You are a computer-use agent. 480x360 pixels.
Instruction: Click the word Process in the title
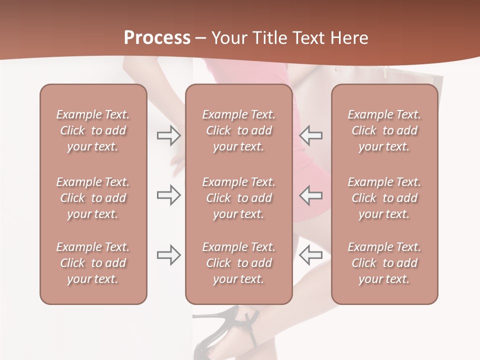click(157, 37)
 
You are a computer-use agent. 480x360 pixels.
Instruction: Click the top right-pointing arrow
click(168, 135)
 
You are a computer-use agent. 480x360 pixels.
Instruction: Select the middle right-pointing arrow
click(168, 195)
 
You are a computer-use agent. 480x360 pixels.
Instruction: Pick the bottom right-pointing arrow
click(168, 255)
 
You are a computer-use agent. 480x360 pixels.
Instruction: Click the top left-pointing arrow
click(310, 135)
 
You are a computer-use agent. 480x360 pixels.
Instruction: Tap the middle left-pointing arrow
click(310, 195)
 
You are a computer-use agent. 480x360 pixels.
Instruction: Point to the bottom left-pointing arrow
click(310, 255)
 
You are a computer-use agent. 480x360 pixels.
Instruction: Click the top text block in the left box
click(93, 130)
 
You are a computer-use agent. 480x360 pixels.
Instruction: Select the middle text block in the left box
click(93, 198)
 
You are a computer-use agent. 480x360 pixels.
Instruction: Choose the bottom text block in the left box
click(93, 263)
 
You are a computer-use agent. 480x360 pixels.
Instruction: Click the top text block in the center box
click(238, 130)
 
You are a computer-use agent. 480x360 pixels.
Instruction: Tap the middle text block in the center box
click(238, 198)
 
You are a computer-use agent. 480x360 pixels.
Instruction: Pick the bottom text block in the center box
click(238, 263)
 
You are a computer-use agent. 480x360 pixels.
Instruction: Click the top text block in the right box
click(384, 130)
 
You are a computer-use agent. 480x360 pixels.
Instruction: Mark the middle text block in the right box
click(384, 198)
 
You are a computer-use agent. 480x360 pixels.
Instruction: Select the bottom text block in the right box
click(384, 263)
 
